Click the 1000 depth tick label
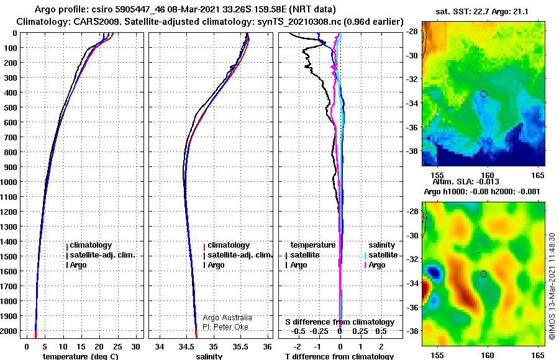[x=9, y=182]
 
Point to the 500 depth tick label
[x=11, y=107]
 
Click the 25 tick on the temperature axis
[x=117, y=347]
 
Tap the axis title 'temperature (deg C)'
[x=81, y=356]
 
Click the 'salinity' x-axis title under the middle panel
[x=209, y=356]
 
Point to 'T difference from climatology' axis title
[x=339, y=356]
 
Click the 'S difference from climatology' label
[x=340, y=322]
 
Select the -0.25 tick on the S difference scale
[x=319, y=331]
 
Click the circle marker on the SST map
[x=483, y=94]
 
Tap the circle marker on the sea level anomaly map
[x=483, y=274]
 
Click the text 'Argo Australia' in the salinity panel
[x=227, y=318]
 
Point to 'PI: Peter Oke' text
[x=225, y=327]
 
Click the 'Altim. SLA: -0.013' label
[x=466, y=182]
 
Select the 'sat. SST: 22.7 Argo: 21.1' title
[x=482, y=12]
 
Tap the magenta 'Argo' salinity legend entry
[x=377, y=265]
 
